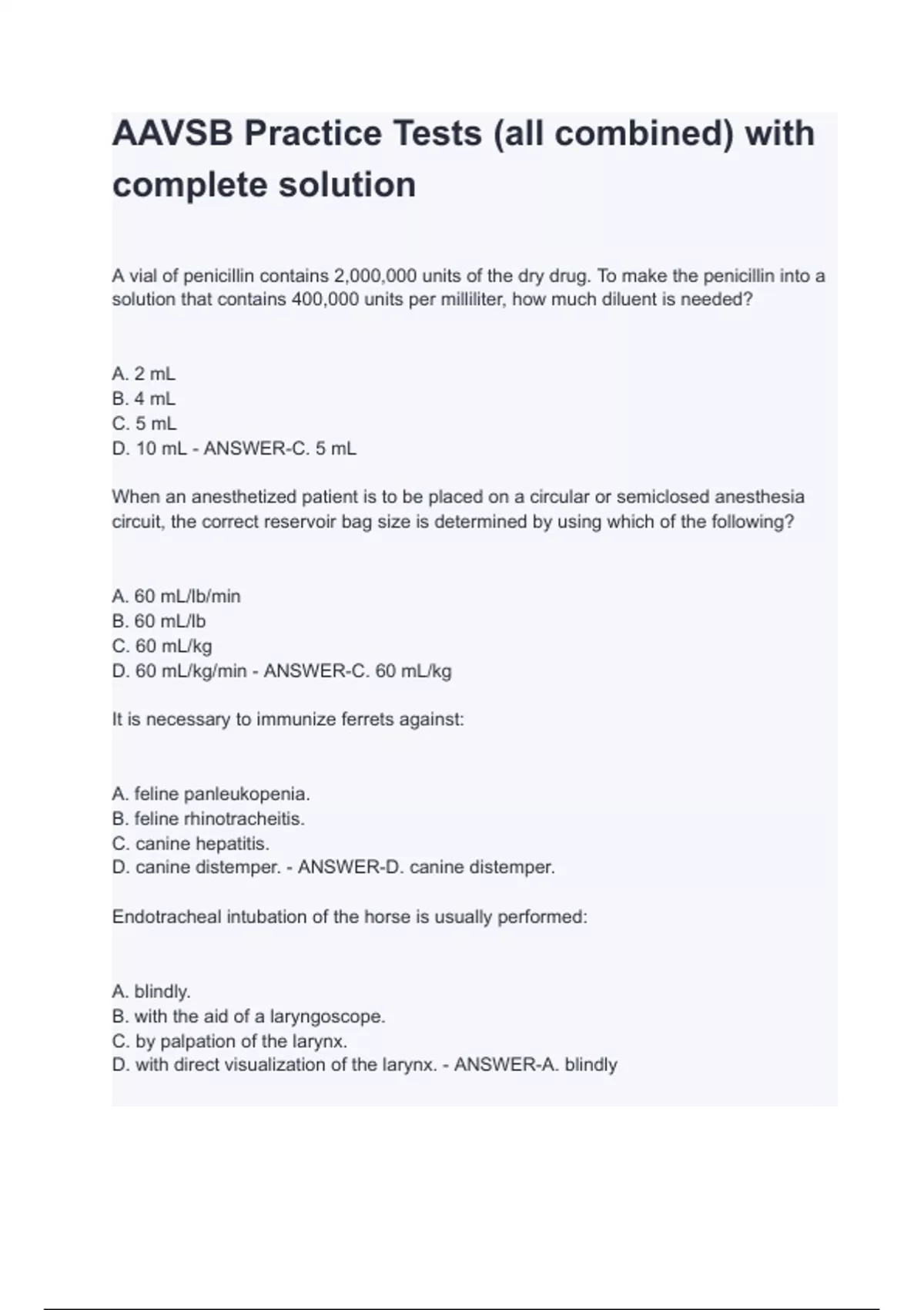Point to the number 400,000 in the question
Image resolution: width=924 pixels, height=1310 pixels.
coord(325,300)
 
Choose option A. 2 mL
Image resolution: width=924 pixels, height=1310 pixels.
coord(144,375)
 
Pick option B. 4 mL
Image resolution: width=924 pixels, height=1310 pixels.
coord(144,399)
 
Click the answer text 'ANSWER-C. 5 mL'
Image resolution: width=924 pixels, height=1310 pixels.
coord(280,448)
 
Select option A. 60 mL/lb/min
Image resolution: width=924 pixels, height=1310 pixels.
coord(176,596)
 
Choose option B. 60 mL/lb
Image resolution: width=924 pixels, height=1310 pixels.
coord(159,621)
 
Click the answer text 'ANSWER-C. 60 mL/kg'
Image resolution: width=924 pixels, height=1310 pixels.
coord(357,671)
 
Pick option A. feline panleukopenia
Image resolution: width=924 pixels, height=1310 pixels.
coord(211,794)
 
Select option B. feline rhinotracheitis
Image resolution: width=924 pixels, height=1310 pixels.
coord(209,818)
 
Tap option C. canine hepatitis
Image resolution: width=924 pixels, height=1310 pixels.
coord(191,843)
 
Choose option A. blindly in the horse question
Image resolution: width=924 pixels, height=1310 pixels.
coord(152,991)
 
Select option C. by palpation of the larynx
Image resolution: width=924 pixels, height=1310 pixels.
coord(229,1041)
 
